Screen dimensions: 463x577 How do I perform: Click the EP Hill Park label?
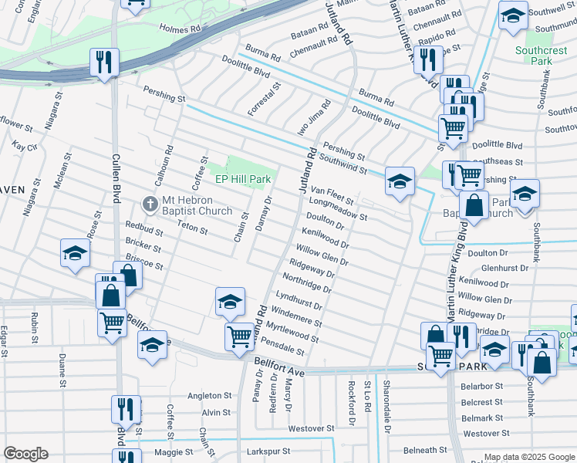coord(242,179)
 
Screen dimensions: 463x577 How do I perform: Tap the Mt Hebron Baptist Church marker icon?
coord(150,204)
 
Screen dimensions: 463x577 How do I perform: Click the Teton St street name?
coord(192,229)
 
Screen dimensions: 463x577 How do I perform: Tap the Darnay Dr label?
coord(263,214)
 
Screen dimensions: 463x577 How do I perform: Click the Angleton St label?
coord(204,396)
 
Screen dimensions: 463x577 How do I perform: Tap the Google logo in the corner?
coord(25,454)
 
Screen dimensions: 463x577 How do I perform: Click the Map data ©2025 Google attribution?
coord(529,458)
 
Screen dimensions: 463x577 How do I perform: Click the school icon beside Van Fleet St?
coord(400,182)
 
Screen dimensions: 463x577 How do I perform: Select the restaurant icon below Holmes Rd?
coord(104,62)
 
